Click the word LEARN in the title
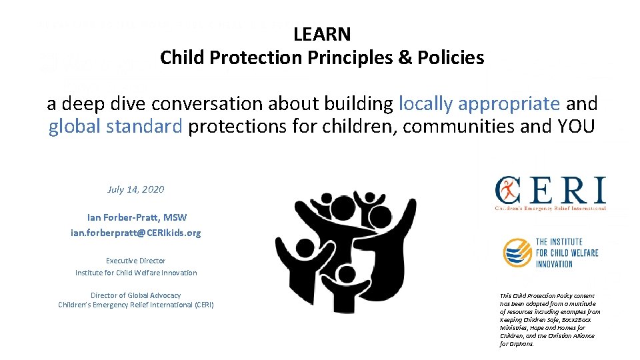[x=322, y=34]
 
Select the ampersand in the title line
[x=405, y=58]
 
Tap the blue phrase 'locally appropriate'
[x=479, y=104]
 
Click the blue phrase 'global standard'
[x=115, y=127]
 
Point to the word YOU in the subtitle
[x=573, y=127]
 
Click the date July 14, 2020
[x=135, y=189]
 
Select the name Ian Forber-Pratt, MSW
[x=137, y=217]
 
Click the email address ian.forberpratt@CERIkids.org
[x=135, y=233]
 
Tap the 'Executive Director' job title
[x=135, y=261]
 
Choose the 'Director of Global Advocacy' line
[x=135, y=295]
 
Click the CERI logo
[x=550, y=193]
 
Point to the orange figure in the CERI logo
[x=508, y=191]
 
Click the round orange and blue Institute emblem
[x=517, y=253]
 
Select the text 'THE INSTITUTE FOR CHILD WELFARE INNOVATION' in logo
[x=567, y=253]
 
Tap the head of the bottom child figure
[x=347, y=273]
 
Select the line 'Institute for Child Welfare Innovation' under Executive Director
[x=135, y=273]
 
